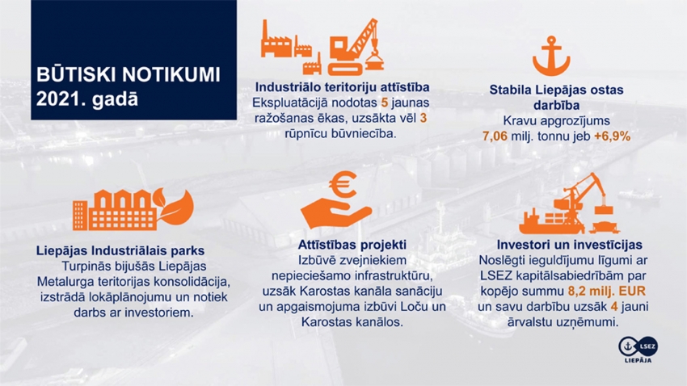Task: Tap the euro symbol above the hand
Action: [343, 184]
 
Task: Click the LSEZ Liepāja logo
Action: [638, 350]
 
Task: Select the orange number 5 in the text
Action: [385, 103]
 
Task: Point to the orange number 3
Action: [423, 118]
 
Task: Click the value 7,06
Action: [495, 136]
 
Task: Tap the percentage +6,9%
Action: [612, 136]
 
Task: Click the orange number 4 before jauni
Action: [613, 307]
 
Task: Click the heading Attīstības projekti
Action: [352, 245]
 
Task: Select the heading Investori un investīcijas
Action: [569, 245]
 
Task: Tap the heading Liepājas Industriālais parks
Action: [120, 251]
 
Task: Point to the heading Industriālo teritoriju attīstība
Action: [342, 87]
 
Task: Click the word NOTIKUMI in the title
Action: [171, 75]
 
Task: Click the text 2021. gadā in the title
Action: [87, 99]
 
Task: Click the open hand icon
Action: [335, 213]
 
